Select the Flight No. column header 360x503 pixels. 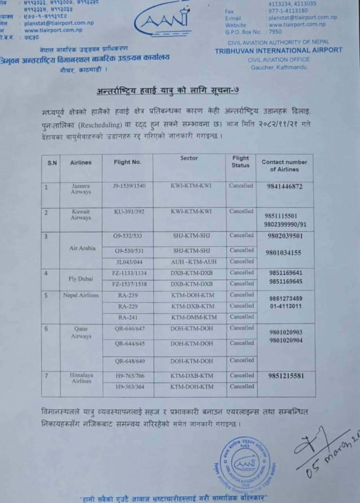127,162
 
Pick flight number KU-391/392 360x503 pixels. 129,212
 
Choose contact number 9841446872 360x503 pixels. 285,187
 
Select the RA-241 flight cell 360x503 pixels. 127,317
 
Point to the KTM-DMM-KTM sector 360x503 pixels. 192,317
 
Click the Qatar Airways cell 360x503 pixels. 81,333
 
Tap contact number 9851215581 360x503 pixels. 285,376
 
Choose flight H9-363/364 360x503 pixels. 129,386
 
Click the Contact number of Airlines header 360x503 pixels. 285,166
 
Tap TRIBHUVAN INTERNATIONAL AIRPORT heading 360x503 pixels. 278,50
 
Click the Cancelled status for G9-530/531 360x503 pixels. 241,250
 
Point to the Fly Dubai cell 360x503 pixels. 81,278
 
